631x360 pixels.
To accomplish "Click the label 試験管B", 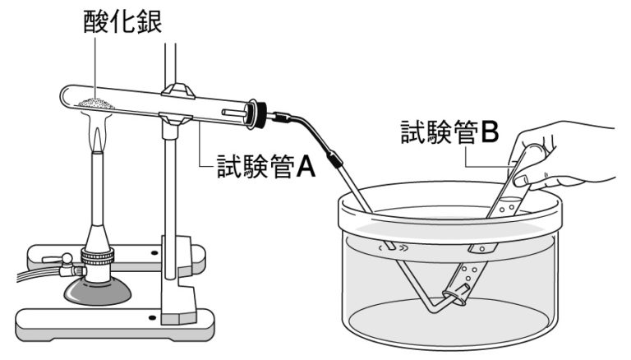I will (x=449, y=132).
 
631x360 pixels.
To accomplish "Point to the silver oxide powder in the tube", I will (x=98, y=102).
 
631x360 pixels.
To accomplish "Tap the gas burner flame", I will (x=99, y=136).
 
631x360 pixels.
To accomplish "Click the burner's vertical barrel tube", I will (x=98, y=197).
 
